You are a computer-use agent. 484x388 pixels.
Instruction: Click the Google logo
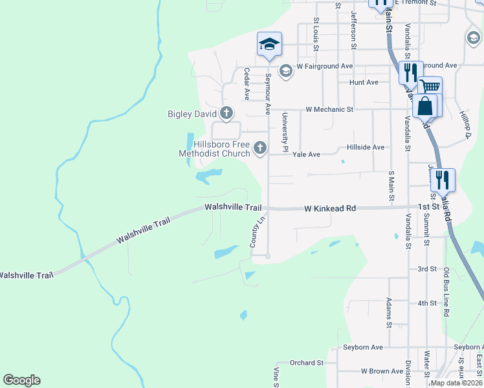pos(21,380)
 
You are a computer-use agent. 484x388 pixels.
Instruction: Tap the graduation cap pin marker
pos(269,45)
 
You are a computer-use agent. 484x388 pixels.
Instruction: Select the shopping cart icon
pos(430,87)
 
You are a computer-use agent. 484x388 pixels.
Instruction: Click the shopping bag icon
pos(425,105)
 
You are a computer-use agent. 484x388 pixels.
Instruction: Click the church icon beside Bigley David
pos(226,114)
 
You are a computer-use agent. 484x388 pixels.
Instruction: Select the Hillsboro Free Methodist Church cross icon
pos(260,149)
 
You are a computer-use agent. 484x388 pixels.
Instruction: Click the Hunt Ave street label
pos(364,83)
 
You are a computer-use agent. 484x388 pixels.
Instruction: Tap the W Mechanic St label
pos(329,110)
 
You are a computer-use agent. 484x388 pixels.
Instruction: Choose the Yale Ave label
pos(306,155)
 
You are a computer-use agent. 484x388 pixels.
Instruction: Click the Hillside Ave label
pos(366,147)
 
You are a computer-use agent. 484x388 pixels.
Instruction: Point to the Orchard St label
pos(306,363)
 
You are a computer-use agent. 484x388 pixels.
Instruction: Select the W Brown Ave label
pos(382,371)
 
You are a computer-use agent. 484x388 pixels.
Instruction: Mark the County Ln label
pos(258,231)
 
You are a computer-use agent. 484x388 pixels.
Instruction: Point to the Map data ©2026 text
pos(456,383)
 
